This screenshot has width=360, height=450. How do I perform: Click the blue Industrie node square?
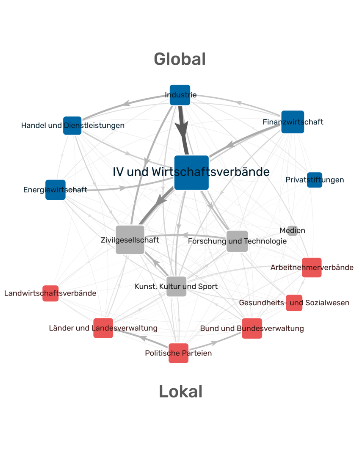click(180, 95)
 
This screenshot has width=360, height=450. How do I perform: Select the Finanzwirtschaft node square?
click(292, 122)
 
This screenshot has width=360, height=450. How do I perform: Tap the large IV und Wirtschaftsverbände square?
click(191, 172)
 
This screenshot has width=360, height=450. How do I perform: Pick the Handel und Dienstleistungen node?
click(72, 126)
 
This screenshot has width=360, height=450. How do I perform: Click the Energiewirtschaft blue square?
click(55, 190)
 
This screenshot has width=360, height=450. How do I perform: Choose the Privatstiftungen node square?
click(314, 180)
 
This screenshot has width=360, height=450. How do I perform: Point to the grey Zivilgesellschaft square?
click(130, 240)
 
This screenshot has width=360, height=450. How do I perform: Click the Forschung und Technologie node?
click(237, 241)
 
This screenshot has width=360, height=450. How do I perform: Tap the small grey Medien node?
click(292, 231)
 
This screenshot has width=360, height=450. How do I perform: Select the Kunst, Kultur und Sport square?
click(176, 286)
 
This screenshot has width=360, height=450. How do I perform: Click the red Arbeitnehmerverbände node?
click(312, 267)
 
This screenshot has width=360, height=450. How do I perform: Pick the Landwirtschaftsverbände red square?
click(50, 293)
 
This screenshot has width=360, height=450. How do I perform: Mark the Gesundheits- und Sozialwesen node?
click(294, 303)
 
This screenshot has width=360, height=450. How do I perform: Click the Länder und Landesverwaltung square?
click(103, 328)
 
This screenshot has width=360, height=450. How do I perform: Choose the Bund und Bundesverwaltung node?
click(252, 328)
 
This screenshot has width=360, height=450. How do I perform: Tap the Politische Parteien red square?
click(178, 353)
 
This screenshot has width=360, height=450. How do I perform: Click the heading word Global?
click(180, 59)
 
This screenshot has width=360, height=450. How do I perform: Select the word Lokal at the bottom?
click(180, 391)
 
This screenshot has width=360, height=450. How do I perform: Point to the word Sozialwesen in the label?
click(327, 303)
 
